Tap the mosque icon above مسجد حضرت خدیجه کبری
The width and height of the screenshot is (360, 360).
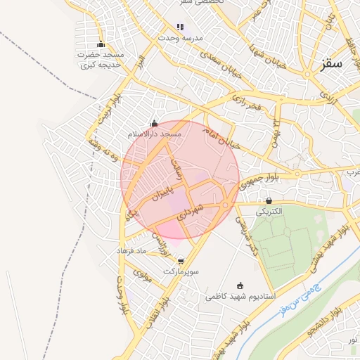tap(101, 44)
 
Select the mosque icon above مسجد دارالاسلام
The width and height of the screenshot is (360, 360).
tap(154, 124)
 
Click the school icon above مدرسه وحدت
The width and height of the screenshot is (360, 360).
tap(180, 27)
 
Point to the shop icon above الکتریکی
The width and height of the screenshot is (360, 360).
tap(269, 201)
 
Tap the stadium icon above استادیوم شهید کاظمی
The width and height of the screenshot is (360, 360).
tap(240, 286)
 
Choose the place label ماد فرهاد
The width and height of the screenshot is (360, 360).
tap(130, 250)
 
